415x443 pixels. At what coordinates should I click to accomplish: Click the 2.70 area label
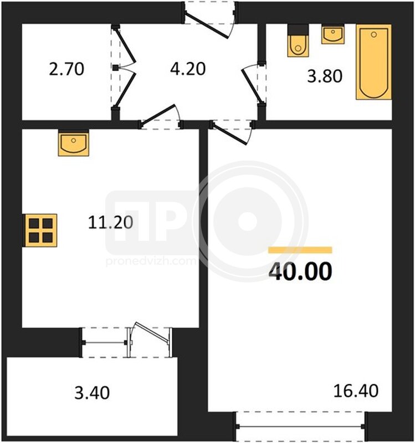coord(66,69)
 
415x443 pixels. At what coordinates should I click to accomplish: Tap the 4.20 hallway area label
coord(188,69)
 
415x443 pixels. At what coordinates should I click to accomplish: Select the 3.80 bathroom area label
coord(325,76)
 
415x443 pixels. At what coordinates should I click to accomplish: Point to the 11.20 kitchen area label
coord(110,222)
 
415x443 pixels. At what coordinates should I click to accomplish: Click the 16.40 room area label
coord(356,391)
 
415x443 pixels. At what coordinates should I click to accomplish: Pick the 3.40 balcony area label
coord(92,393)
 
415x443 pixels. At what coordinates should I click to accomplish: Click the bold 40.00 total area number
coord(300,271)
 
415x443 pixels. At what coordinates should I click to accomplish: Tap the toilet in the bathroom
coord(298,40)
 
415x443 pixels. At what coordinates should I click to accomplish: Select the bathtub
coord(374,62)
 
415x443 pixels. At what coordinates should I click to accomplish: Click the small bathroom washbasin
coord(333,34)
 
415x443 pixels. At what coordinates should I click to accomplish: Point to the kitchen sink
coord(74,143)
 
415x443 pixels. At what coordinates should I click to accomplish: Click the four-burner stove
coord(40,230)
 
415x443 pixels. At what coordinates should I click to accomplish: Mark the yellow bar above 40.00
coord(300,250)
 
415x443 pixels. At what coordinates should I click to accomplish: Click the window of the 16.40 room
coord(300,426)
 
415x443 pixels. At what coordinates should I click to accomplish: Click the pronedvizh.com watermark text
coord(151,261)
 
